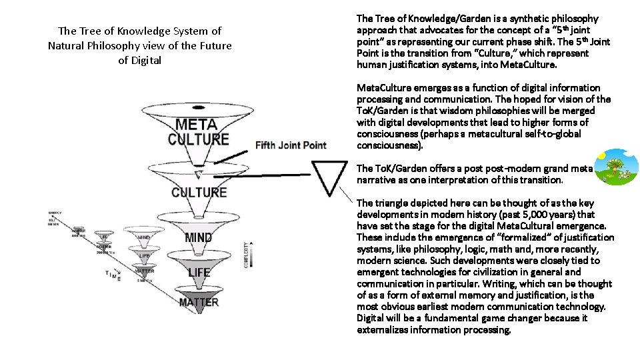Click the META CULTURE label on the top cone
point(198,131)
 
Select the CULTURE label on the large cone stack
point(199,193)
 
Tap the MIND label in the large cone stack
point(199,237)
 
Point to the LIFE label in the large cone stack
point(199,272)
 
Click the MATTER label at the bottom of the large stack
point(199,302)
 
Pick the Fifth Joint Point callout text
point(291,145)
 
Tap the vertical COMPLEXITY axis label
point(247,255)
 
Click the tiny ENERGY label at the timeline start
point(54,213)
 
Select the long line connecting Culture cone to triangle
point(260,177)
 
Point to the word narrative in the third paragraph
point(377,180)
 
